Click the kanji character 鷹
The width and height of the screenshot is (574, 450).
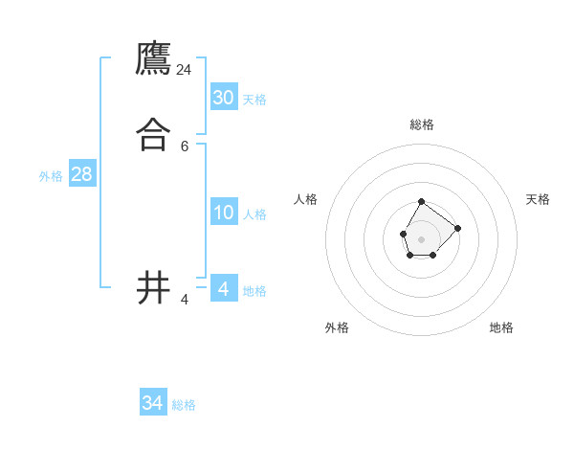pyautogui.click(x=154, y=59)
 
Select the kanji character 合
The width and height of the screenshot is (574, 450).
pyautogui.click(x=154, y=135)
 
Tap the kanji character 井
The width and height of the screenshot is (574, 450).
pyautogui.click(x=154, y=287)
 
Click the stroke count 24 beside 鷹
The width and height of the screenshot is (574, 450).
pyautogui.click(x=185, y=70)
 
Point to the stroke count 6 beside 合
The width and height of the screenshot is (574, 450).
pyautogui.click(x=185, y=146)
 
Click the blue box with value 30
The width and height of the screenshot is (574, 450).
pyautogui.click(x=224, y=98)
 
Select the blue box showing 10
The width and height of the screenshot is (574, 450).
pyautogui.click(x=224, y=213)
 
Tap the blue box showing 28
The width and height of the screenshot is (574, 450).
pyautogui.click(x=81, y=174)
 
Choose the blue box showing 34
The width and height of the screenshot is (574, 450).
pyautogui.click(x=153, y=403)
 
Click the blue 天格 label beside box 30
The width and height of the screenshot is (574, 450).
pyautogui.click(x=254, y=100)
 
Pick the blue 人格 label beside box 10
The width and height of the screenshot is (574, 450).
pyautogui.click(x=254, y=214)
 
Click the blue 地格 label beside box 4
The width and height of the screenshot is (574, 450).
pyautogui.click(x=254, y=291)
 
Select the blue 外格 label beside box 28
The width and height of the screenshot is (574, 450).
pyautogui.click(x=51, y=176)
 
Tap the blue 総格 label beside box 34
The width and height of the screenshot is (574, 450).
pyautogui.click(x=184, y=405)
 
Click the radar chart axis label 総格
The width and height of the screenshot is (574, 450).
pyautogui.click(x=422, y=124)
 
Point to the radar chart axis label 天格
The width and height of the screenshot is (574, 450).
pyautogui.click(x=538, y=199)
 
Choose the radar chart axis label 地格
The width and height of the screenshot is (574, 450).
pyautogui.click(x=501, y=327)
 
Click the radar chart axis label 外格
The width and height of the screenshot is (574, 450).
pyautogui.click(x=337, y=327)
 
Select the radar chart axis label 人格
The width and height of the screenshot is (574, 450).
pyautogui.click(x=306, y=199)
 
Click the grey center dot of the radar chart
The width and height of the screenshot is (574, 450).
pyautogui.click(x=421, y=237)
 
